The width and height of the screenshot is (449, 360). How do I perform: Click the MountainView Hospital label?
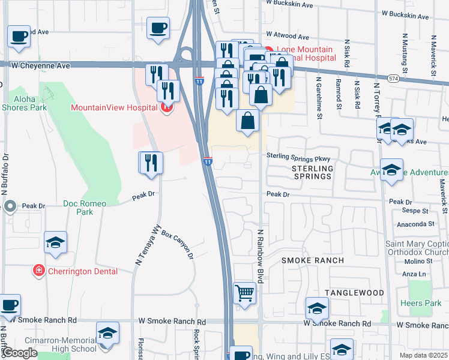(114, 108)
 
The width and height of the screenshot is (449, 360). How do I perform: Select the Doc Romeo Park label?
(85, 208)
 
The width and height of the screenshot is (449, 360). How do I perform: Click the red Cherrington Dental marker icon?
(39, 271)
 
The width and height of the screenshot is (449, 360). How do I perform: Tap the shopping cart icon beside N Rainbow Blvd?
(244, 294)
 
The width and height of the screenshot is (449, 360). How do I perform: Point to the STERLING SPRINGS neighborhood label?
(312, 172)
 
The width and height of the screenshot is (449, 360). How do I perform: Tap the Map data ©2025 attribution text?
(423, 355)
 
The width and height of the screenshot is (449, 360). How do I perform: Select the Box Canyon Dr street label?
(177, 245)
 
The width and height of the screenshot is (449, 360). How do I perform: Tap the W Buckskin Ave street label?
(290, 4)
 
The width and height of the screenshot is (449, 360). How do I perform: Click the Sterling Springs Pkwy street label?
(298, 156)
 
